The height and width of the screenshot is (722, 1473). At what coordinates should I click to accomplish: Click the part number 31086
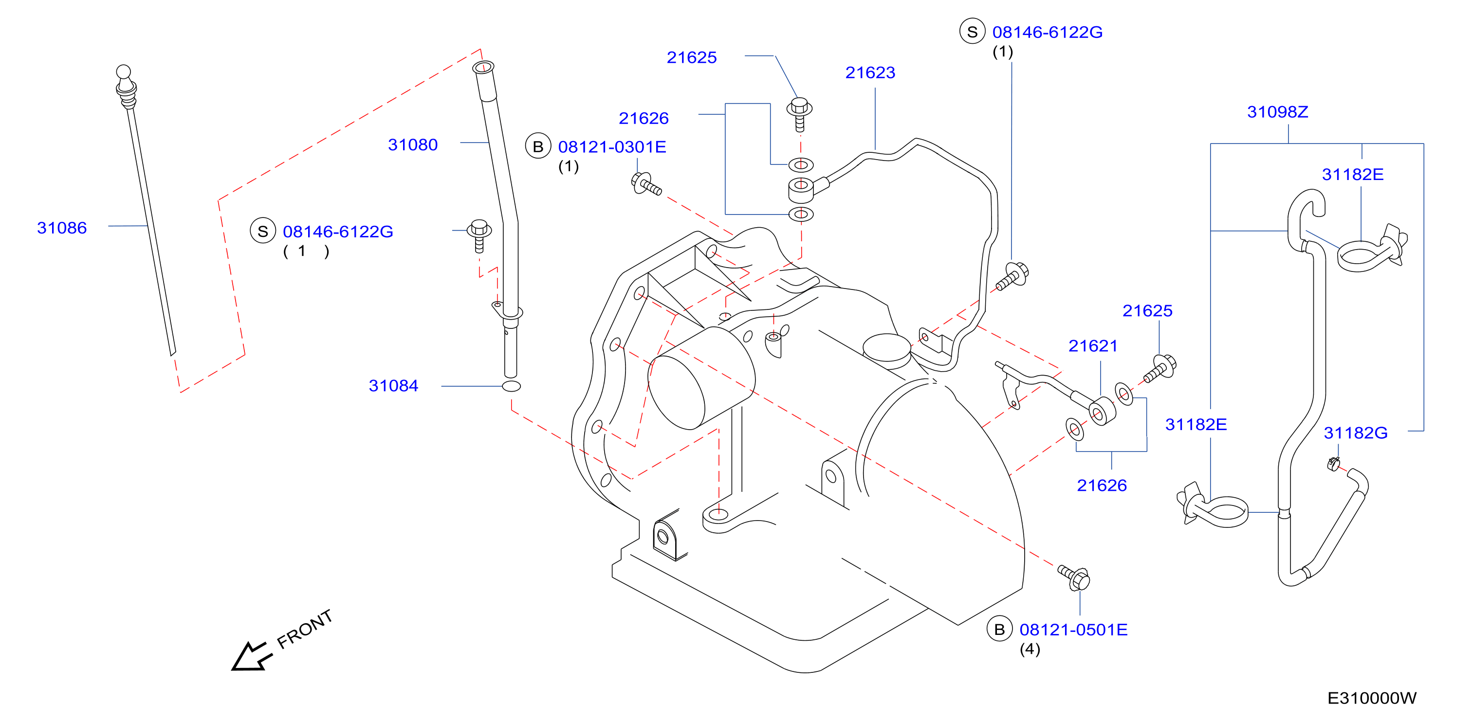click(x=62, y=228)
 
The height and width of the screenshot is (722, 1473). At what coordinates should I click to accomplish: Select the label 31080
click(x=413, y=145)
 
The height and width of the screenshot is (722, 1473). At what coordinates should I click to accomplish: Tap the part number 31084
click(x=393, y=386)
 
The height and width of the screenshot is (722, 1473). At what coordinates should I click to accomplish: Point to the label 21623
click(x=870, y=72)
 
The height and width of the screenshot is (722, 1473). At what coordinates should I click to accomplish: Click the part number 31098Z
click(x=1277, y=112)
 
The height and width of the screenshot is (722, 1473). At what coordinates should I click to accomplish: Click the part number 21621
click(x=1093, y=346)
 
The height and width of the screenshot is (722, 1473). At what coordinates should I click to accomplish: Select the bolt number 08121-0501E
click(x=1073, y=630)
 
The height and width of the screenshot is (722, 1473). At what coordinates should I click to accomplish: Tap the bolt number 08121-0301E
click(x=612, y=147)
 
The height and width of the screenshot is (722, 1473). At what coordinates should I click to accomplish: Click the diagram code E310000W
click(x=1372, y=698)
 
